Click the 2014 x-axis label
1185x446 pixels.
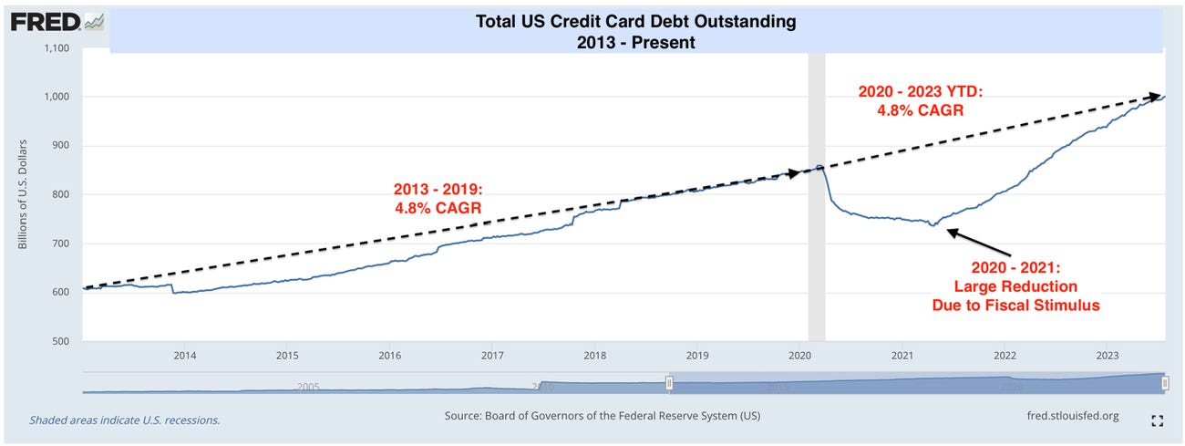coord(184,355)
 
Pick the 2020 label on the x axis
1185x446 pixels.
coord(799,355)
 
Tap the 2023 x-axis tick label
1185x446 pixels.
coord(1107,355)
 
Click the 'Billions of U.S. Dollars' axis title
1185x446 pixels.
coord(24,194)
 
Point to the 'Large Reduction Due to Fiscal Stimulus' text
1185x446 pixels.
coord(1015,286)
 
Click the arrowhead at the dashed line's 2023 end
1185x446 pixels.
coord(1159,96)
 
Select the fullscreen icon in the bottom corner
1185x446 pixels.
coord(1158,420)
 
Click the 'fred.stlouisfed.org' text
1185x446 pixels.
coord(1072,416)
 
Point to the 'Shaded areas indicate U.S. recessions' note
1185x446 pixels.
coord(125,420)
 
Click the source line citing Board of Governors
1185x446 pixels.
coord(603,416)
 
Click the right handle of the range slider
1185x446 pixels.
coord(1165,384)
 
